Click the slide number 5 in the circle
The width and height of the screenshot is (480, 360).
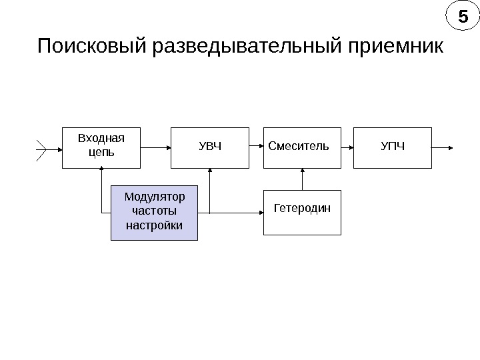(x=458, y=16)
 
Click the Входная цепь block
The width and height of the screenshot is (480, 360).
(x=101, y=147)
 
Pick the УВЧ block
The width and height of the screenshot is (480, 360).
(x=210, y=147)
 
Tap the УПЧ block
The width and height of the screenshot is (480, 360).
(x=392, y=147)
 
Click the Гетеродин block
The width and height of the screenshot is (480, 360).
(x=302, y=212)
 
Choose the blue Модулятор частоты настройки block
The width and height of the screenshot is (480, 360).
(x=154, y=212)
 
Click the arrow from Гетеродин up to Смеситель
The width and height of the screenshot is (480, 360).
(x=302, y=178)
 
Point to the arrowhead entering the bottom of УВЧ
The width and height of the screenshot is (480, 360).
(x=210, y=172)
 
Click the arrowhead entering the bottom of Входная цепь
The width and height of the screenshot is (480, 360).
(x=101, y=172)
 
